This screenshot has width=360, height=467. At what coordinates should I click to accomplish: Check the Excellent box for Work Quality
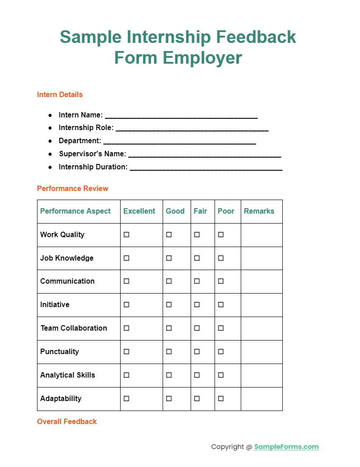tap(126, 235)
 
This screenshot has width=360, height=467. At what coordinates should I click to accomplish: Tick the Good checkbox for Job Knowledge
tap(169, 258)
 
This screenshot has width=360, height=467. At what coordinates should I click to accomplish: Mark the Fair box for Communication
tap(197, 281)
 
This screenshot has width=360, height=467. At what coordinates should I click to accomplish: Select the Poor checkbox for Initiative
tap(221, 305)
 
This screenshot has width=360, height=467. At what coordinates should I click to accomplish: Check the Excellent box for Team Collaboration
tap(126, 328)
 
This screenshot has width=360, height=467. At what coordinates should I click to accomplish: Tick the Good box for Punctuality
tap(169, 352)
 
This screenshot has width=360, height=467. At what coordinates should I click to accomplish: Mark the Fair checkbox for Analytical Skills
tap(197, 375)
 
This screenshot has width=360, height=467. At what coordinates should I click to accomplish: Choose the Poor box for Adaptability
tap(221, 399)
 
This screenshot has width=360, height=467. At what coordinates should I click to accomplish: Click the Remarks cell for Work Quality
tap(262, 235)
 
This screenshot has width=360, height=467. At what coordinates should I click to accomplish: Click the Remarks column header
tap(259, 211)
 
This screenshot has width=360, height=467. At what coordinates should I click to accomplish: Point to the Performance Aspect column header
tap(75, 211)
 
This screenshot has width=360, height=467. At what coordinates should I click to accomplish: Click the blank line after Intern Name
tap(181, 116)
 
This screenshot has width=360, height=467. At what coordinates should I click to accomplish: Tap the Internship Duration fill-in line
tap(206, 168)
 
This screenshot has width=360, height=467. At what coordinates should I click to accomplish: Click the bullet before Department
tap(50, 141)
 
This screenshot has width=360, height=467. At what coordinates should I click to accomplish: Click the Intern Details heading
tap(60, 95)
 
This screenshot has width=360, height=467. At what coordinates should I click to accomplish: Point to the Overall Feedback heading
tap(67, 422)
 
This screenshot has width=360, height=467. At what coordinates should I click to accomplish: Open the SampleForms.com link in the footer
tap(286, 447)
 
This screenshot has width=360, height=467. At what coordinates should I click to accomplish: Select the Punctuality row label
tap(60, 352)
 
